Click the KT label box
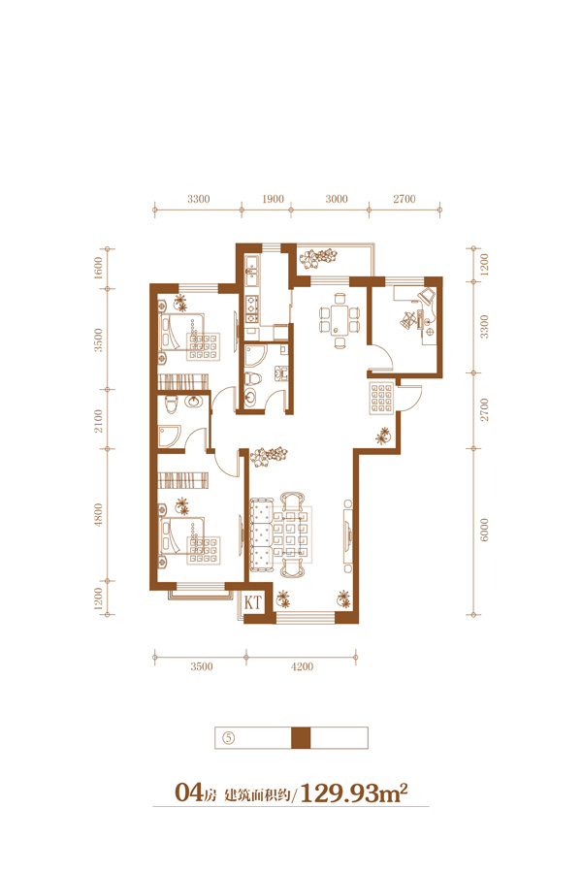coord(253,602)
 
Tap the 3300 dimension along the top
coord(198,199)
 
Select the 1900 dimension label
coord(273,199)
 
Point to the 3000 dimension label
coord(337,199)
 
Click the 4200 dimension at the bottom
coord(302,666)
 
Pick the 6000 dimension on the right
coord(484,530)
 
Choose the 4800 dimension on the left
coord(98,515)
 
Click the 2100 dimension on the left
coord(98,421)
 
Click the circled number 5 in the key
coord(228,738)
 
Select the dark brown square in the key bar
coord(301,738)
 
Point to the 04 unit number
coord(188,792)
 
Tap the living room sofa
coord(261,534)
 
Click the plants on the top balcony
coord(318,258)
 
